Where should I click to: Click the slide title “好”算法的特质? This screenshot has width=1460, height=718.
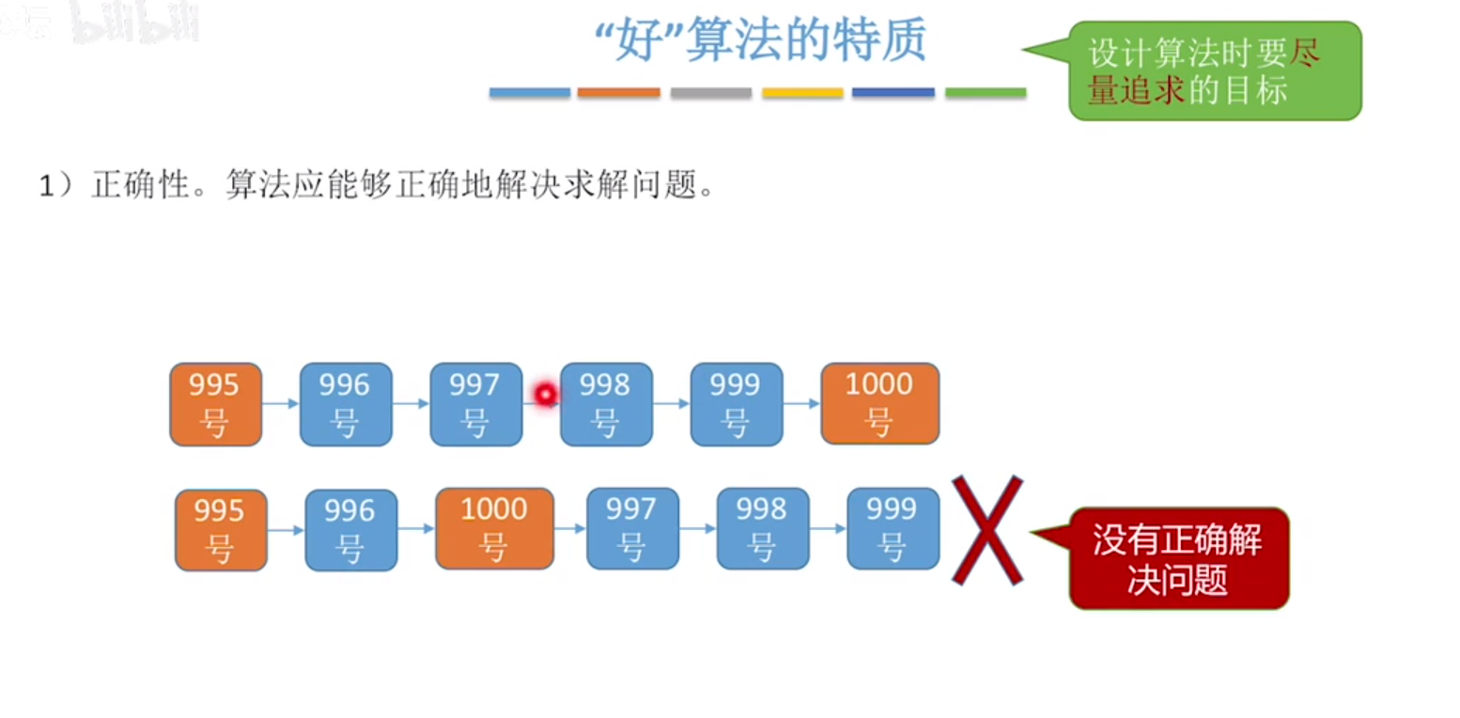pos(761,41)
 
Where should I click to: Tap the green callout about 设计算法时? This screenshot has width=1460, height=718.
pos(1214,71)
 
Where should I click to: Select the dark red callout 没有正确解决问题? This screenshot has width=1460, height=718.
pos(1178,558)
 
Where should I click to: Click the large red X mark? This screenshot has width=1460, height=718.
pos(986,530)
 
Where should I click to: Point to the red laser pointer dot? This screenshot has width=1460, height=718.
pos(545,394)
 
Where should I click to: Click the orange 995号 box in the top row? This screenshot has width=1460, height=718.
pos(215,404)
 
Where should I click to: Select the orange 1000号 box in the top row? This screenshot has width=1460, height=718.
pos(879,403)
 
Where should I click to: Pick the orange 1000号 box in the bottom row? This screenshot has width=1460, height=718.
pos(494,528)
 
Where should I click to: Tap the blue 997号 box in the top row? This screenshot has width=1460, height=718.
pos(475,404)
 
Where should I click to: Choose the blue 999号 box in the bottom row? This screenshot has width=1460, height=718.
pos(893,528)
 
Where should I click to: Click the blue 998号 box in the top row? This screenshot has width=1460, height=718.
pos(606,404)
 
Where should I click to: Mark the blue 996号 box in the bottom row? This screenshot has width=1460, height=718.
pos(350,529)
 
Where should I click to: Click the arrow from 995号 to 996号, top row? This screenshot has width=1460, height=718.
pos(281,404)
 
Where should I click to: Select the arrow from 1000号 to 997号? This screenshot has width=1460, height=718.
pos(570,529)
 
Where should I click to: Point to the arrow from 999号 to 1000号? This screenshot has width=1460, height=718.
pos(801,404)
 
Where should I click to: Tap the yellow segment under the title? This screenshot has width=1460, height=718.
pos(802,93)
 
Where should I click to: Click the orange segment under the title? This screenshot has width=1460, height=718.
pos(618,93)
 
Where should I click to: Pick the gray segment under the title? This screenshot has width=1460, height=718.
pos(711,93)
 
